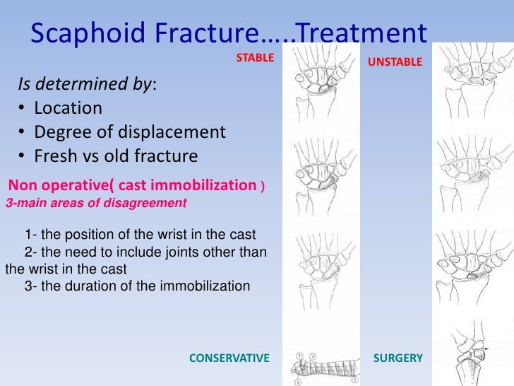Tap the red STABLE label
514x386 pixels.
point(254,58)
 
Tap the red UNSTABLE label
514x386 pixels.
point(395,63)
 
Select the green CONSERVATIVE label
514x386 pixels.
point(229,358)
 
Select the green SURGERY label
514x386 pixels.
point(398,358)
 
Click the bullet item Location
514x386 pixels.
point(68,108)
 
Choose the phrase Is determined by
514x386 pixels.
point(85,86)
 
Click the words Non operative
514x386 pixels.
point(54,186)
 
